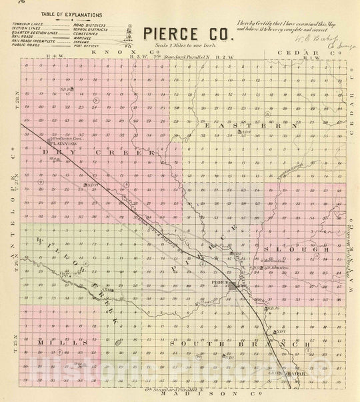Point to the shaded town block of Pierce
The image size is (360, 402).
coord(234,287)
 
